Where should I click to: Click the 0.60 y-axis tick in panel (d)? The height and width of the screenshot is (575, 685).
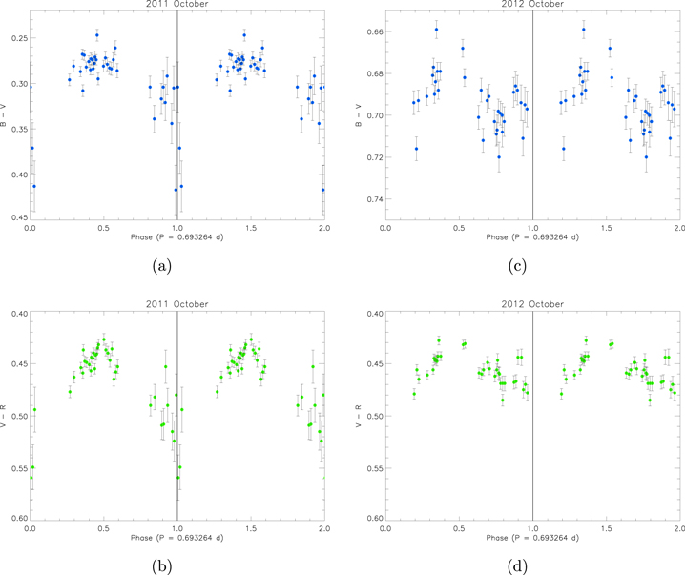[369, 519]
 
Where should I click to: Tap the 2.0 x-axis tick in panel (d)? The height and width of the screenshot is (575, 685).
[679, 527]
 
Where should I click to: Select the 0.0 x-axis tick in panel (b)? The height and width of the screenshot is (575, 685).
[31, 527]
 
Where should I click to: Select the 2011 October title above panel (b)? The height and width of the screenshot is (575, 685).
[176, 304]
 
